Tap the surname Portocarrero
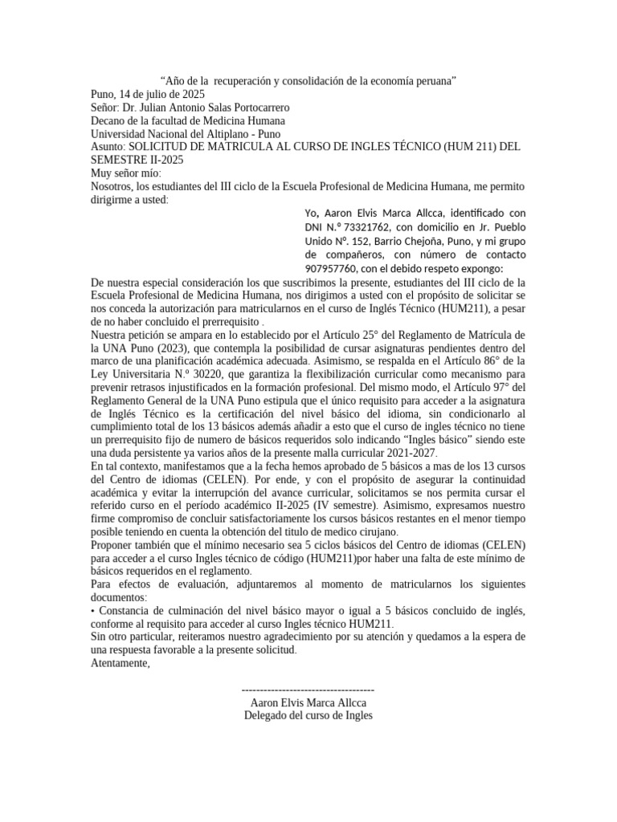point(252,107)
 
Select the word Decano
point(108,120)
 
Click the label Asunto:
point(108,147)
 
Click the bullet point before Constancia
point(93,611)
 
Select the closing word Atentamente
point(120,663)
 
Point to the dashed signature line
point(308,690)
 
